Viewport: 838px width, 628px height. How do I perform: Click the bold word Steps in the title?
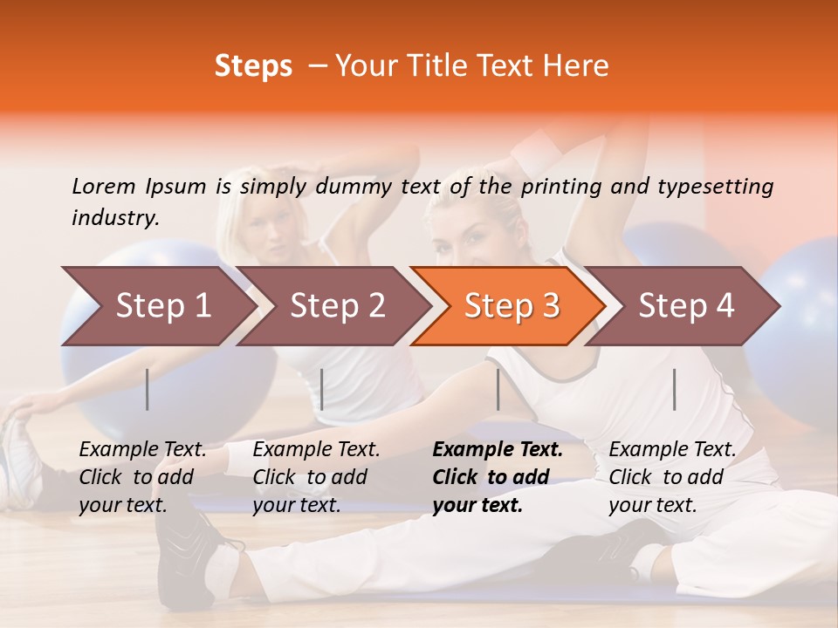[253, 66]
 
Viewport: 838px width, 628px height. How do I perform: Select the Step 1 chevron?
[157, 306]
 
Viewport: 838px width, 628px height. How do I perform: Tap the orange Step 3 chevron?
[511, 306]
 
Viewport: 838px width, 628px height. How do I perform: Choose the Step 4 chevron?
[685, 306]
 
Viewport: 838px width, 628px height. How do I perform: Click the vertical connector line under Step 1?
[148, 389]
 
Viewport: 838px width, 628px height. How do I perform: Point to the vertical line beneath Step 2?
[322, 389]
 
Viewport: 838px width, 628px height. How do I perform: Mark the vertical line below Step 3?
[498, 389]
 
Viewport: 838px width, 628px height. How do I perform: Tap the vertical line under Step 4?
[674, 389]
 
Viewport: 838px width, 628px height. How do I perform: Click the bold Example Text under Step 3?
[498, 450]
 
